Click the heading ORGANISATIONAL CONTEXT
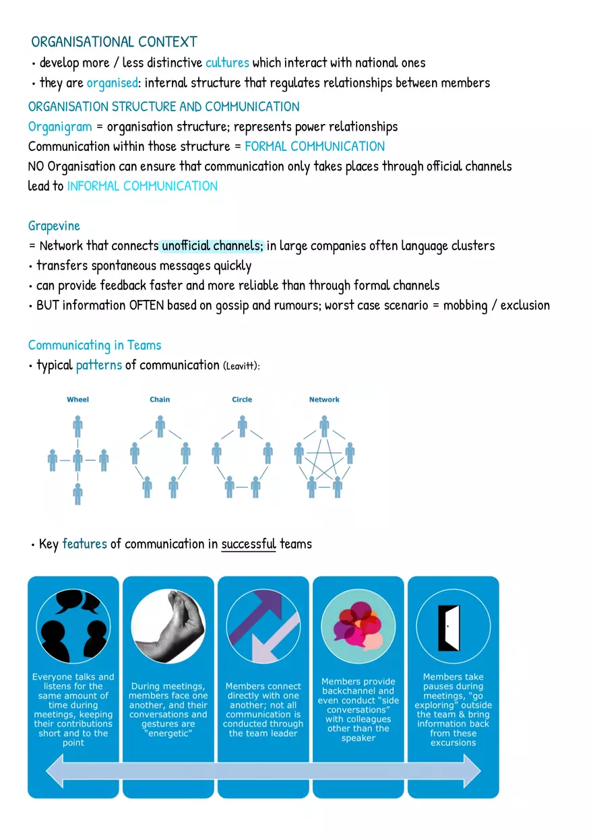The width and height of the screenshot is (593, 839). (x=114, y=42)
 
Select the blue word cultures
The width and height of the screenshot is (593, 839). (x=227, y=63)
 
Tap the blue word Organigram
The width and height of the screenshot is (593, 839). (x=60, y=127)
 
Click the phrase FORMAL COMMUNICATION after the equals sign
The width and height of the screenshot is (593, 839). (x=315, y=146)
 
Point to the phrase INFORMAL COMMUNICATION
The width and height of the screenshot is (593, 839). (x=142, y=186)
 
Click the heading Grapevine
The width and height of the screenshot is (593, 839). (x=54, y=226)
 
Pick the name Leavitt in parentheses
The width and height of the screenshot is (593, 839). (x=241, y=366)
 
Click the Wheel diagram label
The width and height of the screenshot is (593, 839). (x=78, y=400)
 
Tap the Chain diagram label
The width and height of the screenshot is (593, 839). (x=160, y=400)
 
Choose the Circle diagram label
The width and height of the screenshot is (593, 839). (x=242, y=400)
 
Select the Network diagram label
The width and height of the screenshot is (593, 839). (x=324, y=400)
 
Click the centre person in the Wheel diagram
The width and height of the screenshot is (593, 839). (x=78, y=460)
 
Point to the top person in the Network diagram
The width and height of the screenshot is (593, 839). (x=324, y=426)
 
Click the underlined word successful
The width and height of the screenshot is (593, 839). (x=249, y=544)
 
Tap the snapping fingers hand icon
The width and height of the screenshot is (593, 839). (x=168, y=626)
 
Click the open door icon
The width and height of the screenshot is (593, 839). (x=449, y=627)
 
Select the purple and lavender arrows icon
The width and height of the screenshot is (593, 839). (x=263, y=627)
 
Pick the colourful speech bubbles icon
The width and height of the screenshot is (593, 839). (x=358, y=627)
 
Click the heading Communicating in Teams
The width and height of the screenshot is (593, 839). (x=95, y=345)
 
